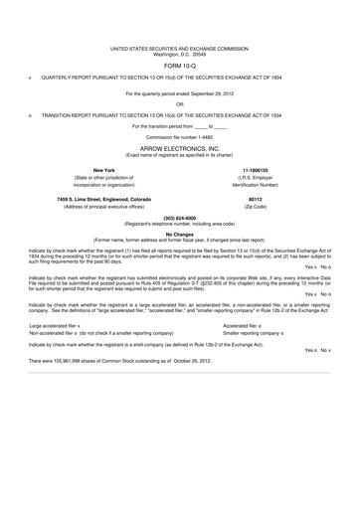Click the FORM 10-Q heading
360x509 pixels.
179,67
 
